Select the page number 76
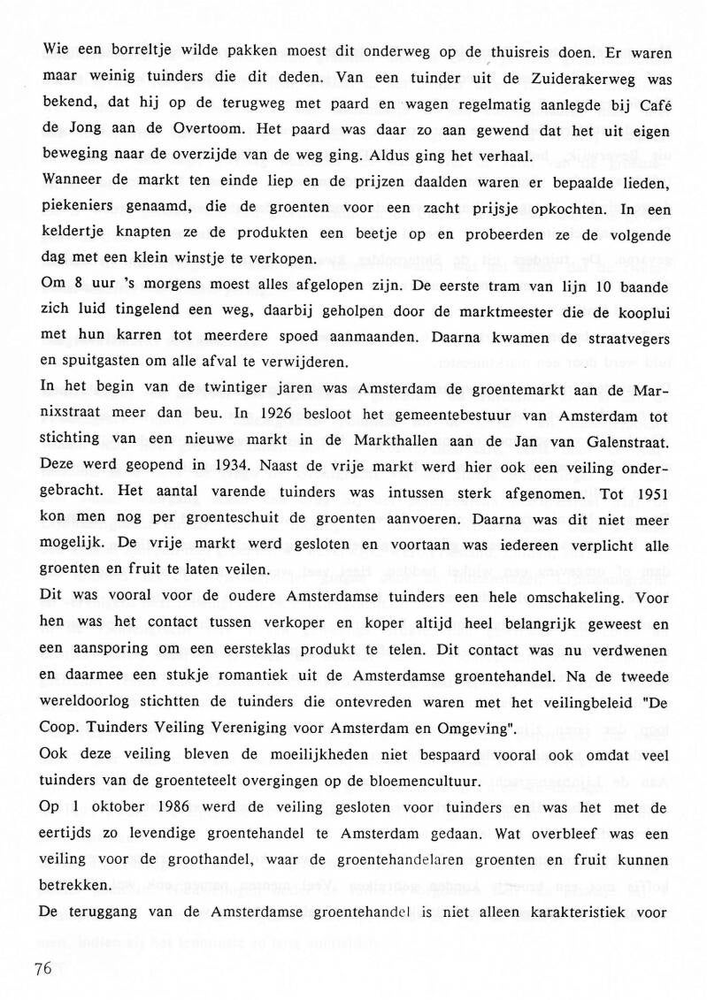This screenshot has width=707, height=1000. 43,968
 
